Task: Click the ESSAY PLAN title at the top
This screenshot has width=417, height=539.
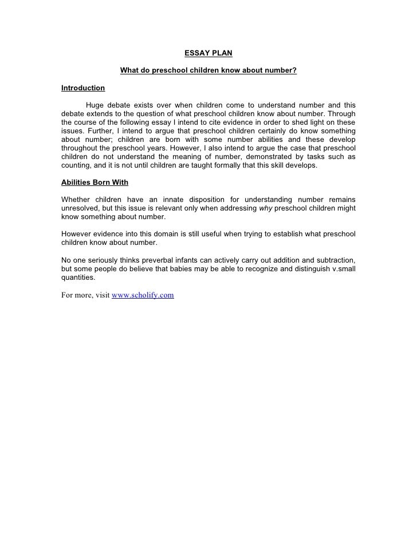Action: point(208,54)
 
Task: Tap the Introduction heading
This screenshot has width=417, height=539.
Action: point(83,88)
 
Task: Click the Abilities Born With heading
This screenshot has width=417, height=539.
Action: point(95,183)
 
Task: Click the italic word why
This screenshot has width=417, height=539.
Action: point(266,208)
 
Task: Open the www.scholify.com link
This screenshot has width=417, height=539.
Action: point(143,295)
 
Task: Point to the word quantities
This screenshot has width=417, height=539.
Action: point(78,278)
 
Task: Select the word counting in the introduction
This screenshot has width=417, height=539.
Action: point(77,165)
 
